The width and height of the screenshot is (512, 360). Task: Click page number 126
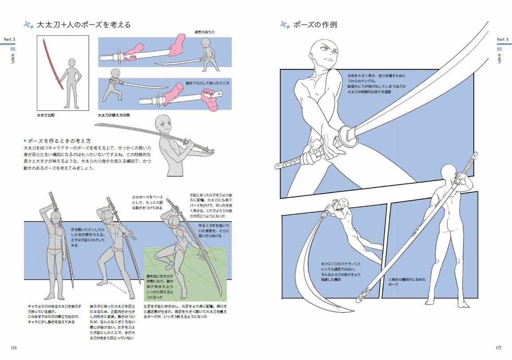(14, 348)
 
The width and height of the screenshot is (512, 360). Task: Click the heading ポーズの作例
(313, 25)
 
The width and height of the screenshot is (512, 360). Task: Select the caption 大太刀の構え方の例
(114, 115)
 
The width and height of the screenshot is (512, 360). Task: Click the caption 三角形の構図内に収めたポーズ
(407, 282)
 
